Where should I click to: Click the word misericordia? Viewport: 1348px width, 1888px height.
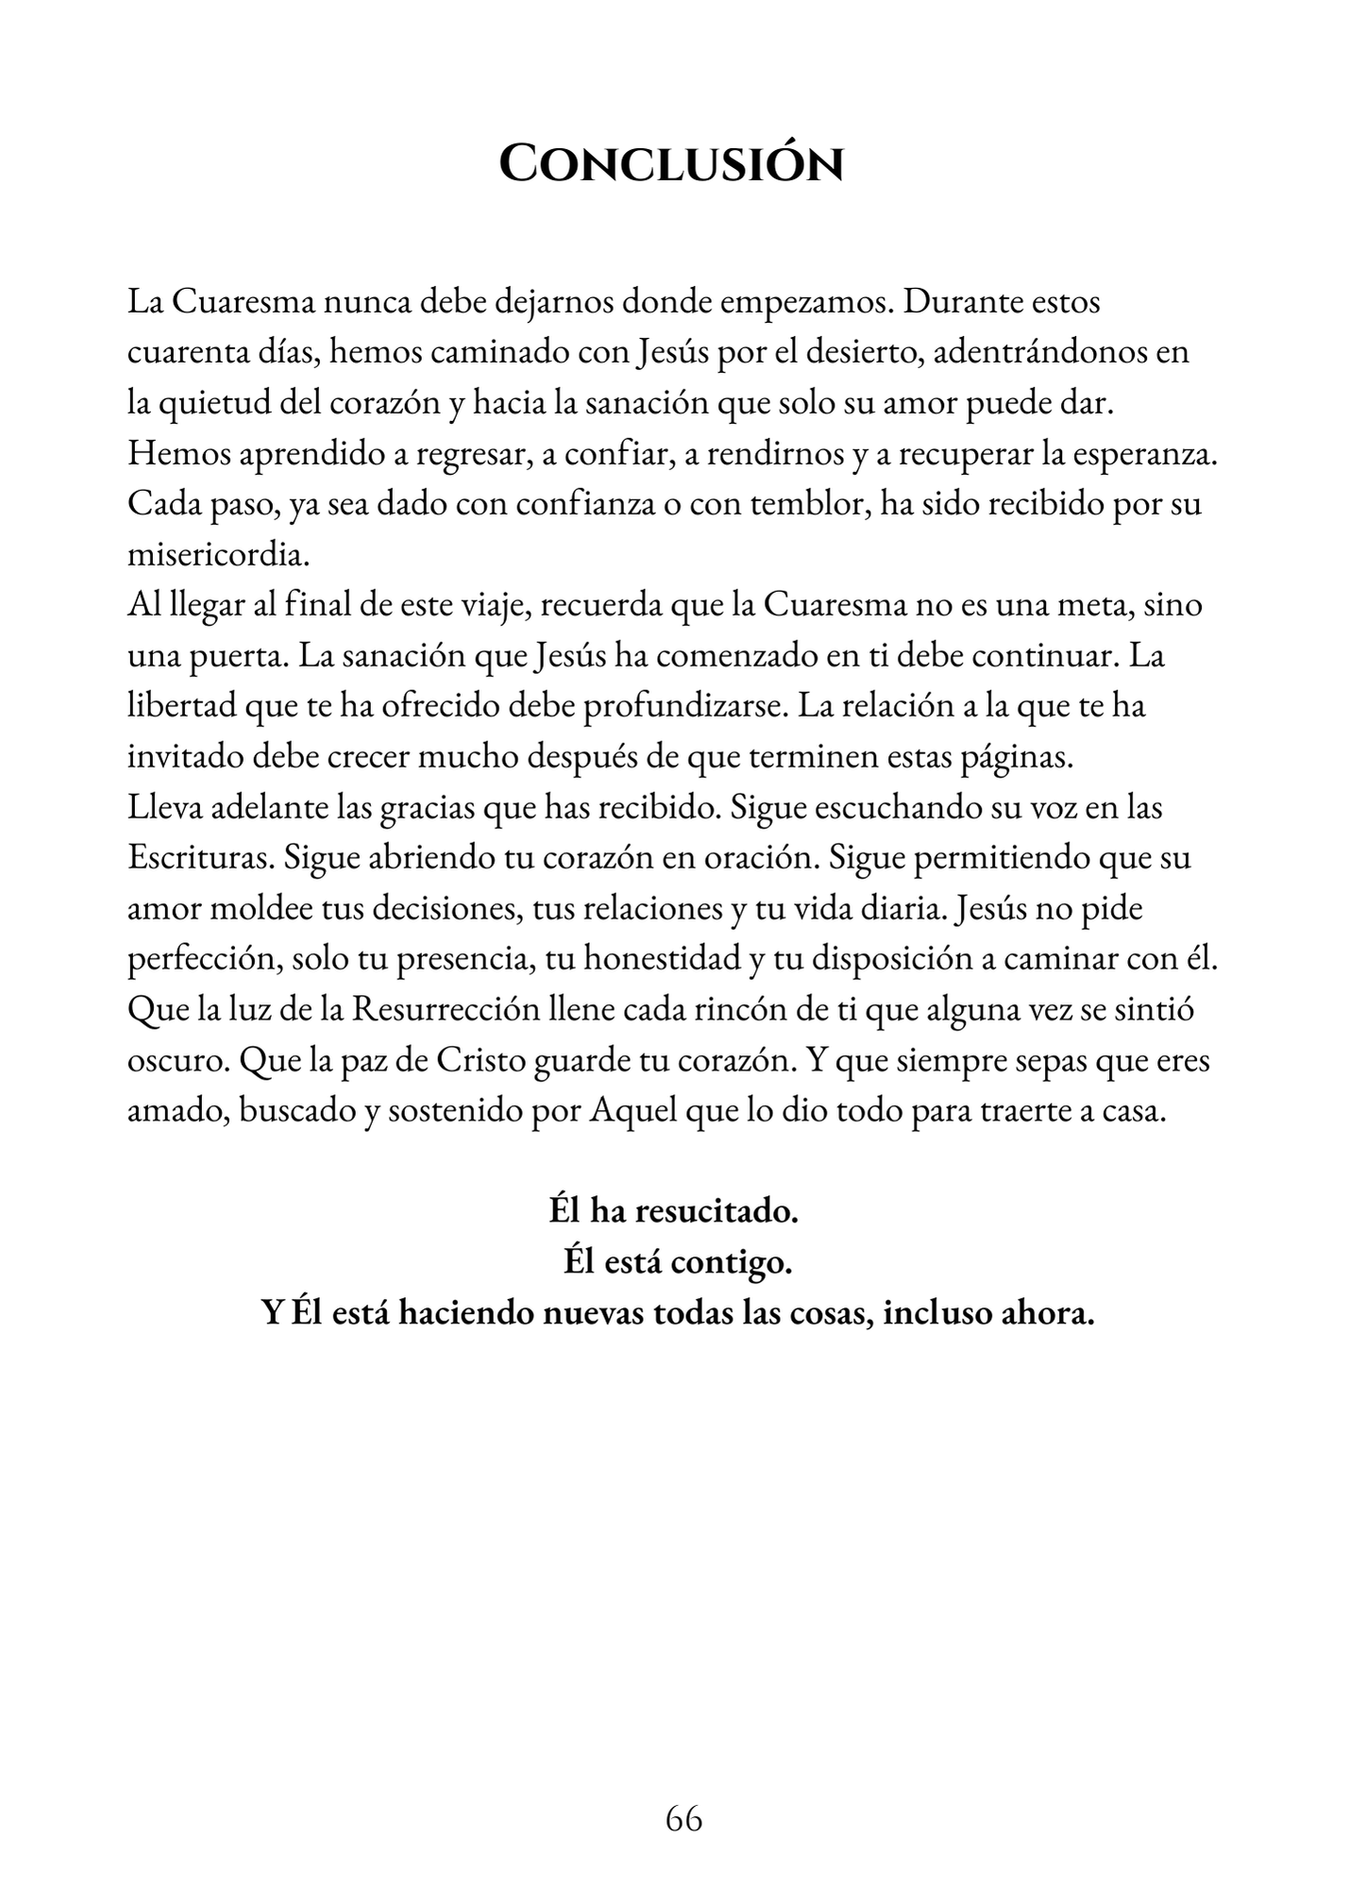pyautogui.click(x=218, y=554)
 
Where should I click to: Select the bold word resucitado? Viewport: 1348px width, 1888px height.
pyautogui.click(x=716, y=1210)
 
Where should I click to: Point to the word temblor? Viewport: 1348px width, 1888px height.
pyautogui.click(x=808, y=504)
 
